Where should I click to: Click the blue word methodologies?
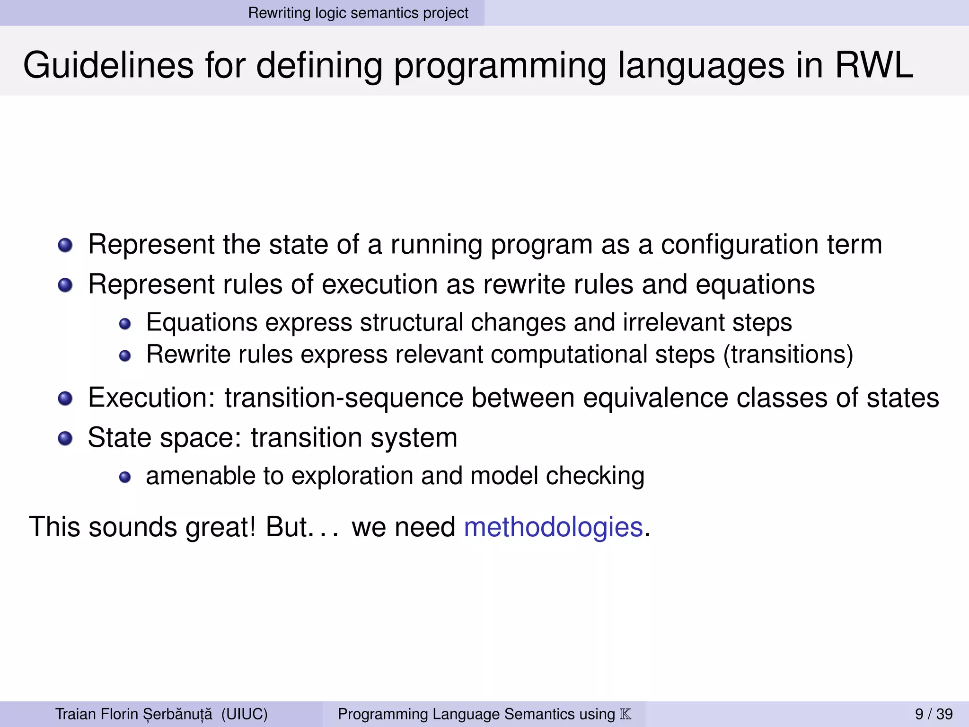click(x=553, y=527)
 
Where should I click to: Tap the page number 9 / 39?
click(x=934, y=714)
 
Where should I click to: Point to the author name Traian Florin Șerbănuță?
click(x=134, y=714)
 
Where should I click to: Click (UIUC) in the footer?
click(x=244, y=714)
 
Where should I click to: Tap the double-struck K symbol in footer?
click(x=625, y=714)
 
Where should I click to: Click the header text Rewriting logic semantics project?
click(x=358, y=13)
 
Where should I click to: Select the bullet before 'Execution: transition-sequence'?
click(x=65, y=399)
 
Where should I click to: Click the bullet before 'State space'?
click(x=65, y=438)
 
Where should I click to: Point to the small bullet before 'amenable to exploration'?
click(x=125, y=477)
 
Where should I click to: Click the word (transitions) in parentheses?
click(x=788, y=355)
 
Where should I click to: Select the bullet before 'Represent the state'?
click(x=65, y=245)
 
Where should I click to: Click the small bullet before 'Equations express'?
click(x=125, y=324)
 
